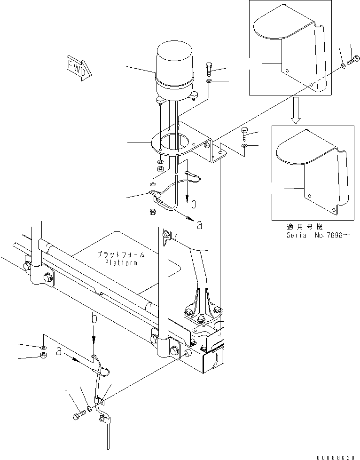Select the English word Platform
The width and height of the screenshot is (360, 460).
[x=121, y=263]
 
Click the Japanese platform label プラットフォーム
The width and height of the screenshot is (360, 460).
[x=121, y=254]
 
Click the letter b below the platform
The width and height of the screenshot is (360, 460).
[x=94, y=319]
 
